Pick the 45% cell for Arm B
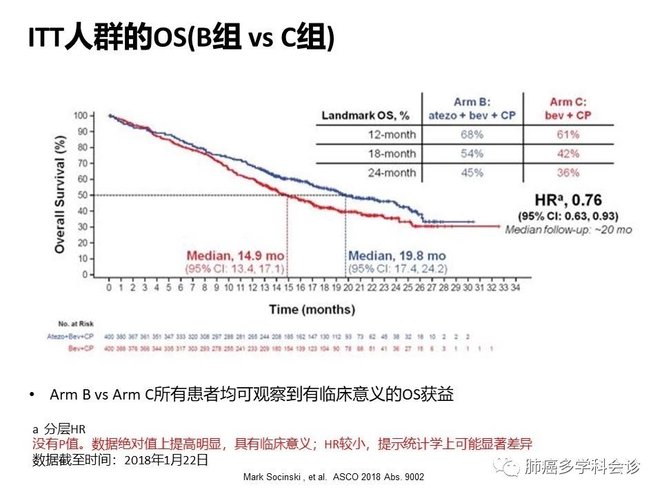(472, 172)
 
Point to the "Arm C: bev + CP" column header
(569, 107)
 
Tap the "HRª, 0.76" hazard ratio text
(568, 201)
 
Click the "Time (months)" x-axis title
(312, 309)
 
